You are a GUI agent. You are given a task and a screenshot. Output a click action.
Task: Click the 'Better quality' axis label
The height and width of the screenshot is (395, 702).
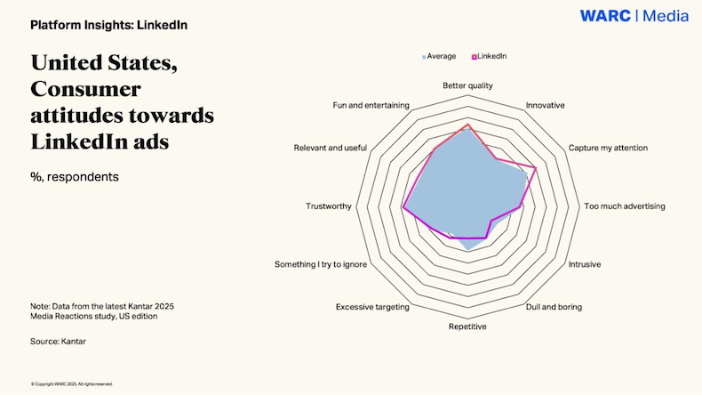tap(467, 85)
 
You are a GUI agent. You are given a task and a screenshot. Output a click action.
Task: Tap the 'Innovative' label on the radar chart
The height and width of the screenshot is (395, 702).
tap(545, 105)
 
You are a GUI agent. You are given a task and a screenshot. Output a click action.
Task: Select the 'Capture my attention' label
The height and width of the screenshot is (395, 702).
tap(608, 147)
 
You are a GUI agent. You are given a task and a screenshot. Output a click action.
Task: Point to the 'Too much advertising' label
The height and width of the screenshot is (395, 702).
tap(624, 206)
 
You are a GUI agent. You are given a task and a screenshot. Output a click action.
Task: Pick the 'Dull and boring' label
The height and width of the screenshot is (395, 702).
tap(554, 307)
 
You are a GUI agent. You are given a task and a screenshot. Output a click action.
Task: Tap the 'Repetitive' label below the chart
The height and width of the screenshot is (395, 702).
tap(467, 326)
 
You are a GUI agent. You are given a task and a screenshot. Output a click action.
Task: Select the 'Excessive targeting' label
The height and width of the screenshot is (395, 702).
tap(372, 307)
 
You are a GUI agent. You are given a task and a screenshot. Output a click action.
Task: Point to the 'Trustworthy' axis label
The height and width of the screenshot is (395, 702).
tap(329, 206)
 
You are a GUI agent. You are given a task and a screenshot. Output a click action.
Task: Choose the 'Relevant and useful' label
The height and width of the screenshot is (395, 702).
tap(331, 147)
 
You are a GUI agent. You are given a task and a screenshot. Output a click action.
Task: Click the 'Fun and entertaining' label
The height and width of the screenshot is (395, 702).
tap(371, 105)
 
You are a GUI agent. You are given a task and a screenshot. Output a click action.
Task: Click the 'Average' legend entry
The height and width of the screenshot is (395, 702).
tap(441, 56)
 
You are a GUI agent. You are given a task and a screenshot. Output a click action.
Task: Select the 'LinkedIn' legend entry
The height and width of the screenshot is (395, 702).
tap(491, 56)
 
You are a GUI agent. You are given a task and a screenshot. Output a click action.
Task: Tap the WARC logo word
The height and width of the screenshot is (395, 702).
tap(605, 16)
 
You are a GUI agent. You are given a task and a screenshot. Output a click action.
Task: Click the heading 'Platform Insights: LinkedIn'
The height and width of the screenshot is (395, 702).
tap(108, 25)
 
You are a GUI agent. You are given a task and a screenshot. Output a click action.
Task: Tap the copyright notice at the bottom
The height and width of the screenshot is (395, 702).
tap(72, 384)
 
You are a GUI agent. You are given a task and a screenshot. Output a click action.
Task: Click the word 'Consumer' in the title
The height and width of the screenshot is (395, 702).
tap(86, 89)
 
